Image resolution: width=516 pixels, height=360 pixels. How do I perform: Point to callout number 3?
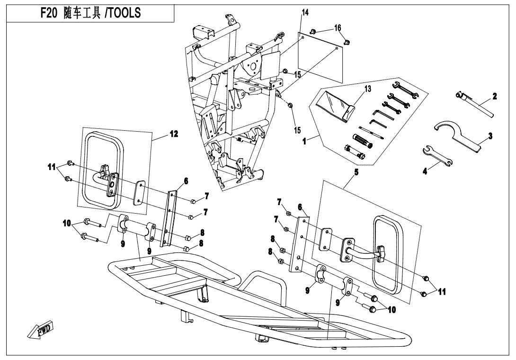(491, 135)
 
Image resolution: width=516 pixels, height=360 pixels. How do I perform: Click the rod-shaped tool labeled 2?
(478, 107)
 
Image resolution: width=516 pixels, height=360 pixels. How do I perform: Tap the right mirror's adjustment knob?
(382, 253)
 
